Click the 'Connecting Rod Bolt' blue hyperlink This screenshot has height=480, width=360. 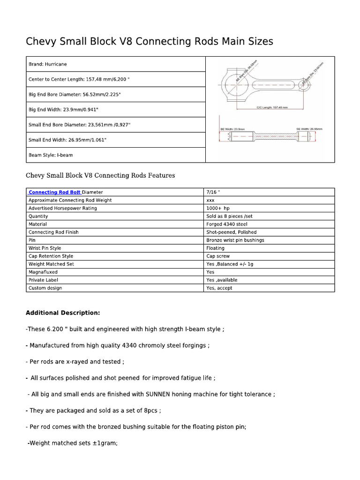[55, 192]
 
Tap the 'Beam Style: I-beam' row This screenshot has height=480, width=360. [51, 155]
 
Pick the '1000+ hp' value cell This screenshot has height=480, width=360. [218, 208]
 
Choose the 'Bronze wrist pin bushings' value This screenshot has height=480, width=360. [235, 240]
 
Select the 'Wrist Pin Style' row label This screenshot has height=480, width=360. [45, 248]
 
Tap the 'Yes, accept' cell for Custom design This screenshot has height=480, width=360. [219, 288]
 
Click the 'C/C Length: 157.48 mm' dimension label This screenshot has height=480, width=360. [272, 107]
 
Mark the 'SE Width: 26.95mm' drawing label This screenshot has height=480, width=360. [309, 128]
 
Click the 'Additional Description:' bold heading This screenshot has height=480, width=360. [62, 313]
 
